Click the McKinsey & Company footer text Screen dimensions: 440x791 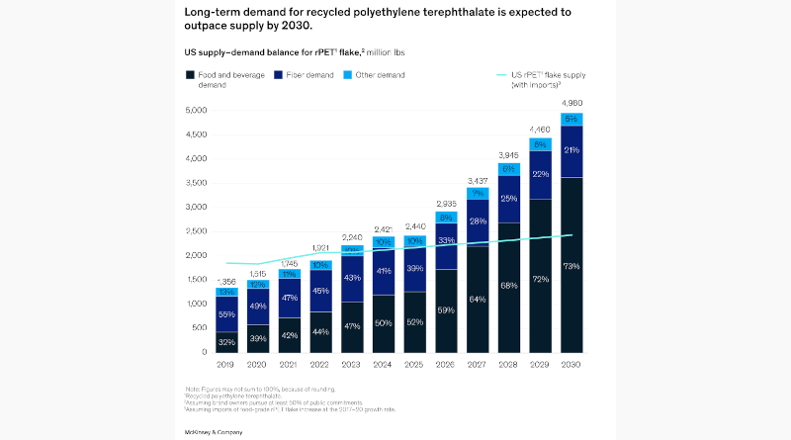pos(214,432)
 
